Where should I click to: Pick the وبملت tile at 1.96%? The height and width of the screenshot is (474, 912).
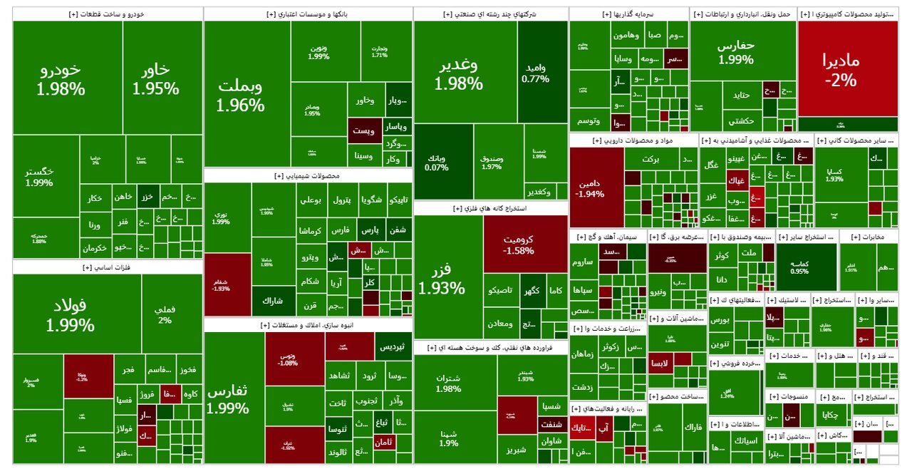(x=240, y=96)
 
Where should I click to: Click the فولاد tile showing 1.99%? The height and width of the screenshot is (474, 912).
(x=70, y=316)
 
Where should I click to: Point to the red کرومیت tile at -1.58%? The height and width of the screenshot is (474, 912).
(x=525, y=244)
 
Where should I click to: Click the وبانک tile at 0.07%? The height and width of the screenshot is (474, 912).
(x=436, y=163)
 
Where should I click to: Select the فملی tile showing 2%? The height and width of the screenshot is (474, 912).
(x=165, y=314)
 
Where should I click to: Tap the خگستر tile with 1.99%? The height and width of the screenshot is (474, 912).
(x=39, y=177)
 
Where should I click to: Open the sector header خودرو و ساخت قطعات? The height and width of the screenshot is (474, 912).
(x=108, y=14)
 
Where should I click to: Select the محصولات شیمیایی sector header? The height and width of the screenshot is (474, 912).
(x=308, y=175)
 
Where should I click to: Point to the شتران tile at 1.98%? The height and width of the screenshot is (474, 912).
(x=447, y=383)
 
